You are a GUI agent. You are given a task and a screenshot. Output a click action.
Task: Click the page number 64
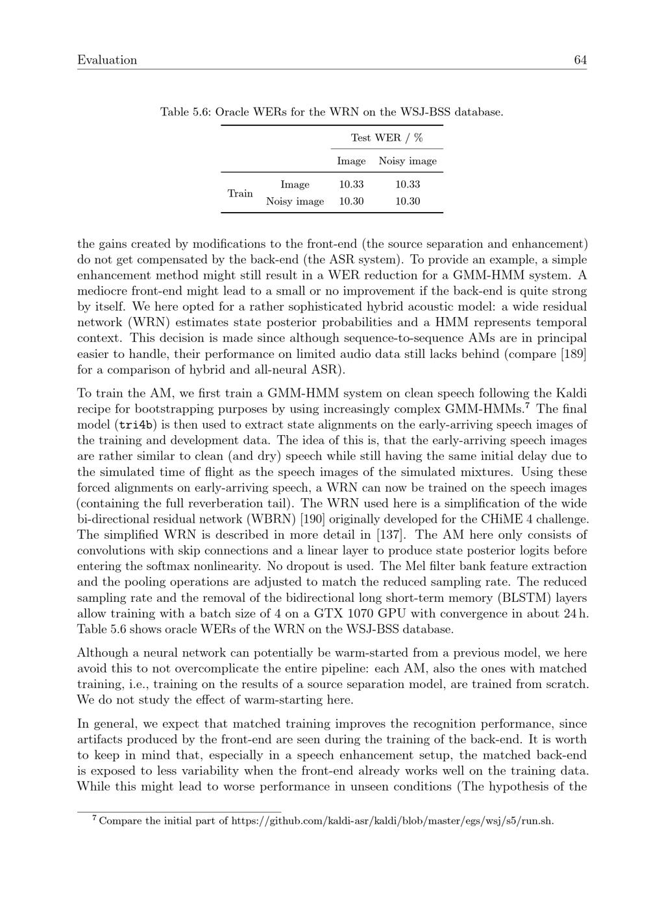580,60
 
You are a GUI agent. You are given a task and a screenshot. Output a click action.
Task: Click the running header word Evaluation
107,60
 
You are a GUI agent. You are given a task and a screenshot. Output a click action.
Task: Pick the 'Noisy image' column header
408,161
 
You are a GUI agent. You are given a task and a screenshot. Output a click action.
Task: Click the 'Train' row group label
240,193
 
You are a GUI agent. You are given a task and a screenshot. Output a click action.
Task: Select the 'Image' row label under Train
295,185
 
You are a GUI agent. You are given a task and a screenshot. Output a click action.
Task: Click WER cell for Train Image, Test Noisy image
408,185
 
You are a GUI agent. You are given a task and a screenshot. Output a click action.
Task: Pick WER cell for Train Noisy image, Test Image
351,202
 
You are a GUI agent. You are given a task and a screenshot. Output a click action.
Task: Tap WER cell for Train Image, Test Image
351,185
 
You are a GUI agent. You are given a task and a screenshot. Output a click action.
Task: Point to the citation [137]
391,535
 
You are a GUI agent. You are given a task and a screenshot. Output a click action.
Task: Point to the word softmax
149,567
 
